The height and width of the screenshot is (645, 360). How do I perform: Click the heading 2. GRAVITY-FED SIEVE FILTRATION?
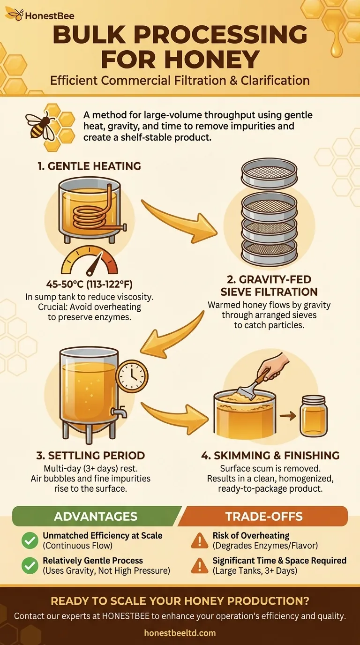[x=269, y=286]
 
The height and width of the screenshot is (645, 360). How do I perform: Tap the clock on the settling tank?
[x=131, y=375]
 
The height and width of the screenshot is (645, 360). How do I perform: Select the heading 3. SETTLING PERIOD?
[x=90, y=455]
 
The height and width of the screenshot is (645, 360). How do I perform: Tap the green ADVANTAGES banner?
[x=96, y=517]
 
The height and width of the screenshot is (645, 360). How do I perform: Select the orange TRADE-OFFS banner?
[x=264, y=517]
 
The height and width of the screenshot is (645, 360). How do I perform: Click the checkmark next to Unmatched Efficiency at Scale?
[x=30, y=540]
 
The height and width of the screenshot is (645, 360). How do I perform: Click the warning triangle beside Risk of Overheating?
[x=200, y=540]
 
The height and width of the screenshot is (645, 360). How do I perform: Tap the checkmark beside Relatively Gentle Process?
[x=30, y=565]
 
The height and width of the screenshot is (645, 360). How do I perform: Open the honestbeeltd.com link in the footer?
[x=180, y=633]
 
